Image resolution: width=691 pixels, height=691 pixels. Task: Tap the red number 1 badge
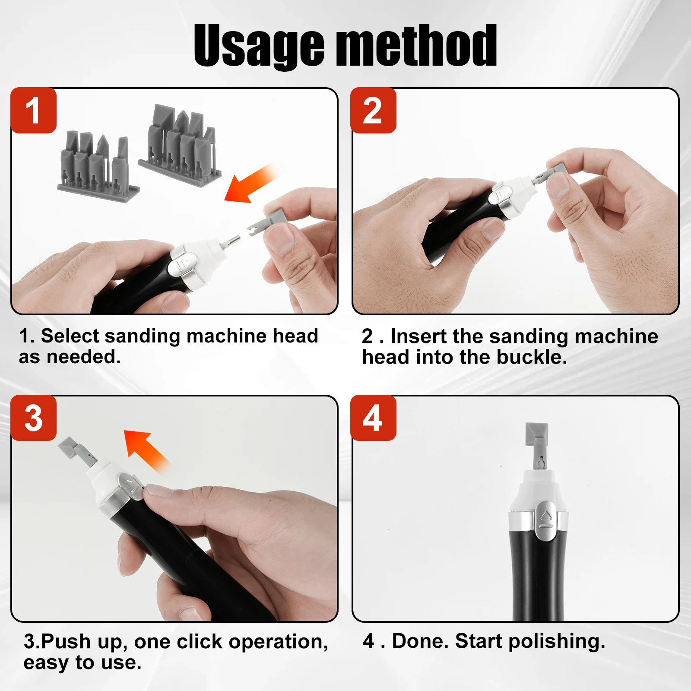[34, 111]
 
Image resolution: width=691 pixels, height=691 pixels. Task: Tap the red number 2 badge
[373, 111]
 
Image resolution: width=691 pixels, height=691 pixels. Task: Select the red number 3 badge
[34, 418]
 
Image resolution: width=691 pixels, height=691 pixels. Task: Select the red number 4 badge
[373, 418]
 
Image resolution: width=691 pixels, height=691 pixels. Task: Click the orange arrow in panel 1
[251, 184]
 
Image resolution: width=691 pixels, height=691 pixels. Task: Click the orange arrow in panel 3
[147, 451]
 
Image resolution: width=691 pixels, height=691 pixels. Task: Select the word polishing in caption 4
[557, 642]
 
